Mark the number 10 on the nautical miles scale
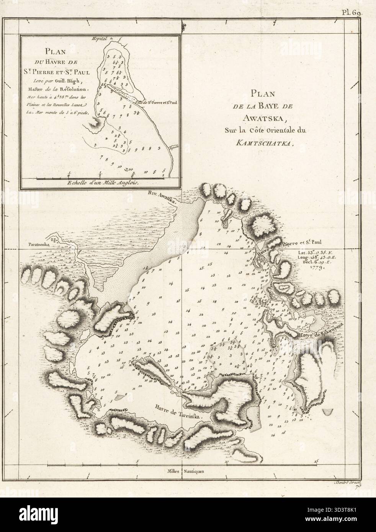tap(227, 462)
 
